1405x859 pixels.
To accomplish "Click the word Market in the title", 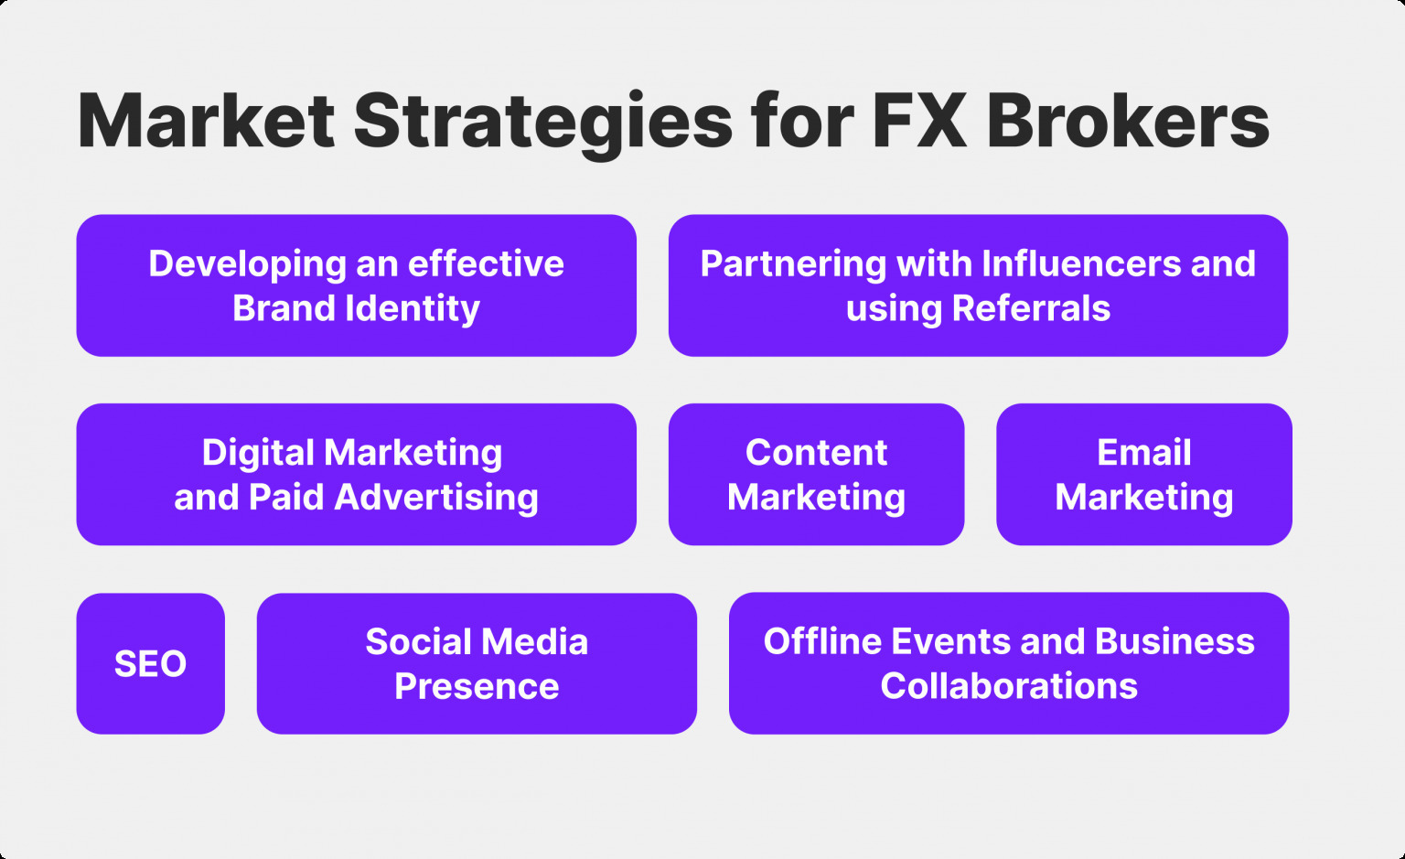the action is (x=206, y=121).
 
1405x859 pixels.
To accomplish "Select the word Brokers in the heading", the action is (x=1128, y=121).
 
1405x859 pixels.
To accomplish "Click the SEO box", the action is (x=151, y=663).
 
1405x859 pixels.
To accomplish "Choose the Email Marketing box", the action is (x=1144, y=475).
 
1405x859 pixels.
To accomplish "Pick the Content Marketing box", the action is (x=816, y=475).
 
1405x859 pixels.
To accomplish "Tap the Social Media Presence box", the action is (x=477, y=663).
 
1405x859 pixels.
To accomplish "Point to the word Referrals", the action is (x=1031, y=308).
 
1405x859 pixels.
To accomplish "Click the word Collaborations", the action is (x=1009, y=686).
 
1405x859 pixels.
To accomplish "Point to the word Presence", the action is (x=477, y=686).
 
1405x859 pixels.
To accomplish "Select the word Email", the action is (x=1144, y=453).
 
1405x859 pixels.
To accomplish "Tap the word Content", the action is (x=816, y=453).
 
